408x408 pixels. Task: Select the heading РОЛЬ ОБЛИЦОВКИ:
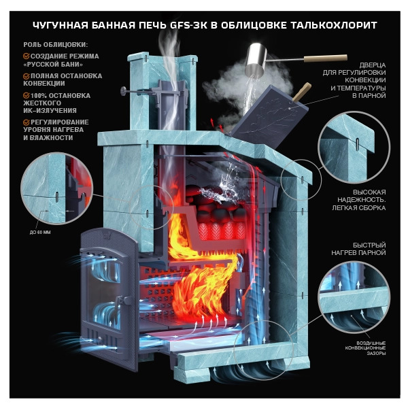56,44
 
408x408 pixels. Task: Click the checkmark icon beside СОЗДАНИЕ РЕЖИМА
27,56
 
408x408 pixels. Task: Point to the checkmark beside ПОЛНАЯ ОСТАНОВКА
27,76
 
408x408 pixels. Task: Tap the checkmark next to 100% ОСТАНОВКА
27,95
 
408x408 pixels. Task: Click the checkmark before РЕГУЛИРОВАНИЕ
27,122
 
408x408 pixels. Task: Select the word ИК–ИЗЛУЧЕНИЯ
50,111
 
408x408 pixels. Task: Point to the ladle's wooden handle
326,58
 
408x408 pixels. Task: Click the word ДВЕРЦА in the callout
373,65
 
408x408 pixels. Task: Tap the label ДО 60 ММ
40,233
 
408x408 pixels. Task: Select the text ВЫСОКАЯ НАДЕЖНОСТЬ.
362,197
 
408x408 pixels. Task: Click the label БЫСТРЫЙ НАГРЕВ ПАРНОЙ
358,249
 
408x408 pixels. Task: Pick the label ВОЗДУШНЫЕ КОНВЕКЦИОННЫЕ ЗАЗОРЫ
365,348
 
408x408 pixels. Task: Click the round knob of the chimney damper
123,91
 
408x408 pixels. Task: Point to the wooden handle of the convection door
302,92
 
